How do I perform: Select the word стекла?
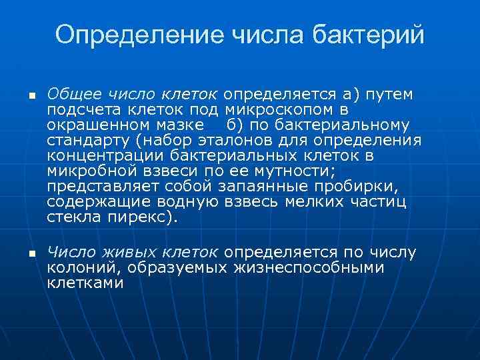coord(72,217)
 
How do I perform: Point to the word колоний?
coord(79,268)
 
